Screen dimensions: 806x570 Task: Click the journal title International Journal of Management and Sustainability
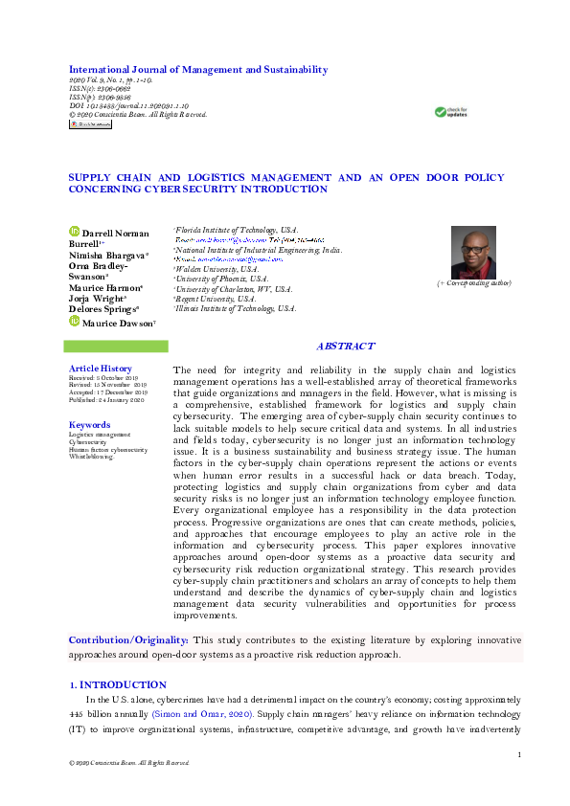pyautogui.click(x=197, y=69)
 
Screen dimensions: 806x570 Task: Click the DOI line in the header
pyautogui.click(x=128, y=107)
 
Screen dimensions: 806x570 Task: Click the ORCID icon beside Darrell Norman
pyautogui.click(x=74, y=232)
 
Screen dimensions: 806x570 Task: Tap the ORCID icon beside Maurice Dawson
pyautogui.click(x=74, y=323)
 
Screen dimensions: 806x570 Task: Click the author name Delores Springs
pyautogui.click(x=104, y=310)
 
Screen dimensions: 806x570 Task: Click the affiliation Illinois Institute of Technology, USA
pyautogui.click(x=236, y=308)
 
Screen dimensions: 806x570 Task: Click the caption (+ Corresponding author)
pyautogui.click(x=474, y=283)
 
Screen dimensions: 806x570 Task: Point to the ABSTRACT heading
pyautogui.click(x=345, y=347)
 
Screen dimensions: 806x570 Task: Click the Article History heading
pyautogui.click(x=101, y=369)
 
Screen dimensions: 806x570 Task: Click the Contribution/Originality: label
pyautogui.click(x=128, y=638)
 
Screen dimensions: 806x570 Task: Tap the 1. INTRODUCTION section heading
pyautogui.click(x=119, y=685)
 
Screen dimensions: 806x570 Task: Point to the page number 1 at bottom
pyautogui.click(x=518, y=755)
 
